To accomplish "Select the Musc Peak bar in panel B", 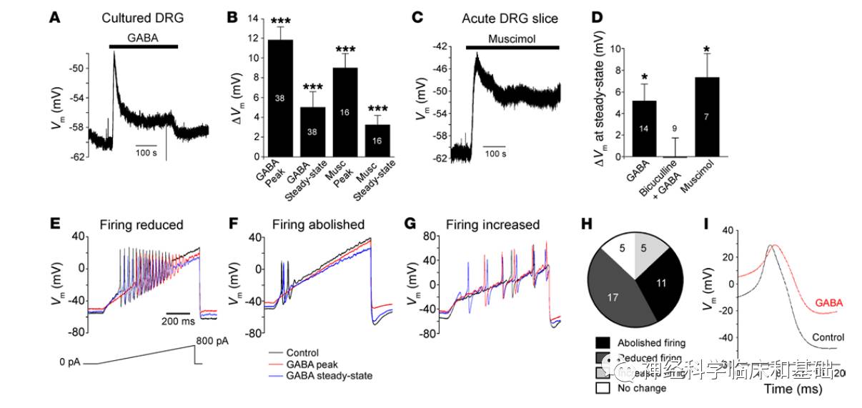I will (345, 111).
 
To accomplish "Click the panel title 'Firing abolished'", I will (318, 225).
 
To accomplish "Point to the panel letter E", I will (55, 224).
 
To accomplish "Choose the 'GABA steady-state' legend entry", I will (329, 375).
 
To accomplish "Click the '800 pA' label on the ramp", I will (213, 342).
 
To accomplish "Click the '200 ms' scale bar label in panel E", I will (179, 322).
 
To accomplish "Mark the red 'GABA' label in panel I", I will (828, 303).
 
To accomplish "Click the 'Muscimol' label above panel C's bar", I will (512, 39).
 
